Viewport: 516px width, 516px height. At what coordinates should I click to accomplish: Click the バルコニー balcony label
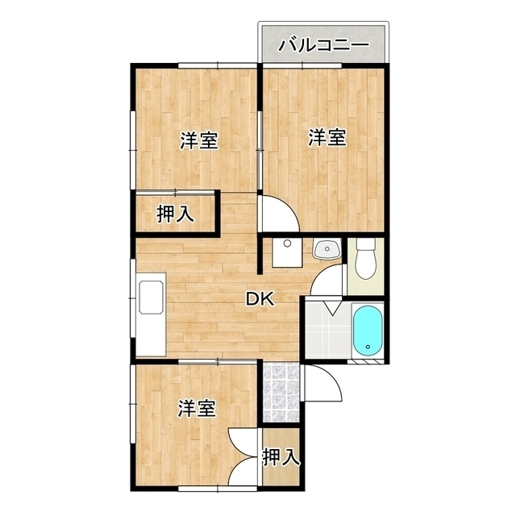[324, 45]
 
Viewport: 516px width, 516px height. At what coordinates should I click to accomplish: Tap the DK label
[260, 299]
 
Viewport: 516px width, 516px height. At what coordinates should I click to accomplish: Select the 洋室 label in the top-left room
[199, 140]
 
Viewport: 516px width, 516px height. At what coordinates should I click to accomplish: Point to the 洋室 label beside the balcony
[327, 137]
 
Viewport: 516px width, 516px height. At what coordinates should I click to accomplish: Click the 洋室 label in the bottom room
[197, 409]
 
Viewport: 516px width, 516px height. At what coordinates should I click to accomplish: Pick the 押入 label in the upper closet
[175, 214]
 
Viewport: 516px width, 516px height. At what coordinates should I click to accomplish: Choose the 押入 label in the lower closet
[281, 457]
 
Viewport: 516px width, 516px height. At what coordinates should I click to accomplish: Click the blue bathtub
[368, 331]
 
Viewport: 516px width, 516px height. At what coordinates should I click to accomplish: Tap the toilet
[366, 259]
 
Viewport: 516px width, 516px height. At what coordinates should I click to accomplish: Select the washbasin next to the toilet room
[327, 249]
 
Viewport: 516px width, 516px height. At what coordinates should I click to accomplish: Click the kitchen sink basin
[152, 298]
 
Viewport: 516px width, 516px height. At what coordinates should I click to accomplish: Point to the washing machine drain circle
[288, 243]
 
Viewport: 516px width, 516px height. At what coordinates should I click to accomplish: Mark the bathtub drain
[368, 347]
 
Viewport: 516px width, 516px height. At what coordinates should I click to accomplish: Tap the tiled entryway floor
[281, 393]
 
